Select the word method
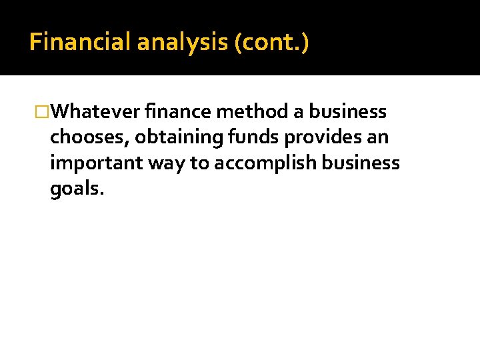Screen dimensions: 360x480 coord(255,111)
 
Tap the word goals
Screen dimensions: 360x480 coord(75,190)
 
